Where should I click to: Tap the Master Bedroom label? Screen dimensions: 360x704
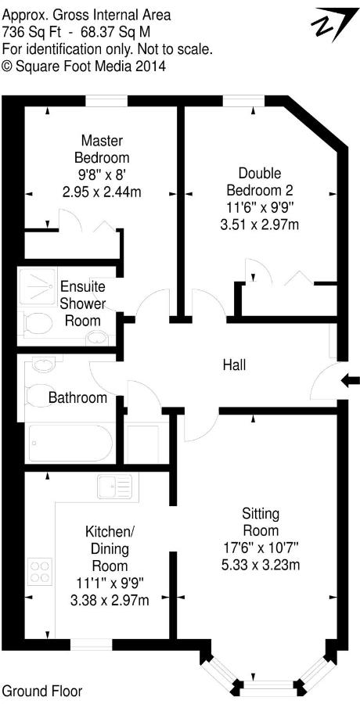pyautogui.click(x=102, y=149)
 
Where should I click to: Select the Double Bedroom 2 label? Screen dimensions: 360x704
pyautogui.click(x=260, y=181)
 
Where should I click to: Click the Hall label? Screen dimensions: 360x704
pyautogui.click(x=235, y=365)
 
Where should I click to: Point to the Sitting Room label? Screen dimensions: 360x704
pyautogui.click(x=261, y=522)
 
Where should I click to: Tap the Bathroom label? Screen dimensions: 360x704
pyautogui.click(x=77, y=397)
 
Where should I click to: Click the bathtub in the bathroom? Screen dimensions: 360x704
pyautogui.click(x=70, y=444)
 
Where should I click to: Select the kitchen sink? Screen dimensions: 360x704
pyautogui.click(x=115, y=487)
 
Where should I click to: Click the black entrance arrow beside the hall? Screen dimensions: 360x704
pyautogui.click(x=351, y=381)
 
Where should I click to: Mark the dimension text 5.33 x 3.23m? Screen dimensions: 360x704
pyautogui.click(x=261, y=565)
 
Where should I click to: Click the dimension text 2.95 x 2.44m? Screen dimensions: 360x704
pyautogui.click(x=102, y=192)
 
